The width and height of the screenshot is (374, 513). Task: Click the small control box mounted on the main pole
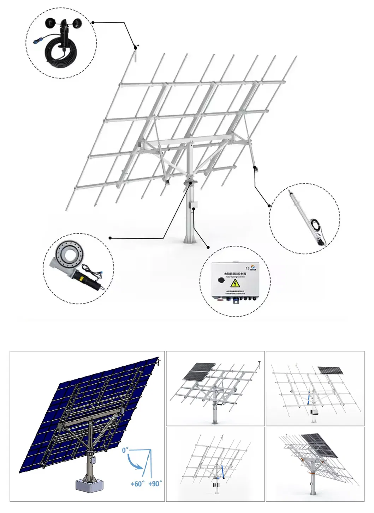click(x=193, y=205)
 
